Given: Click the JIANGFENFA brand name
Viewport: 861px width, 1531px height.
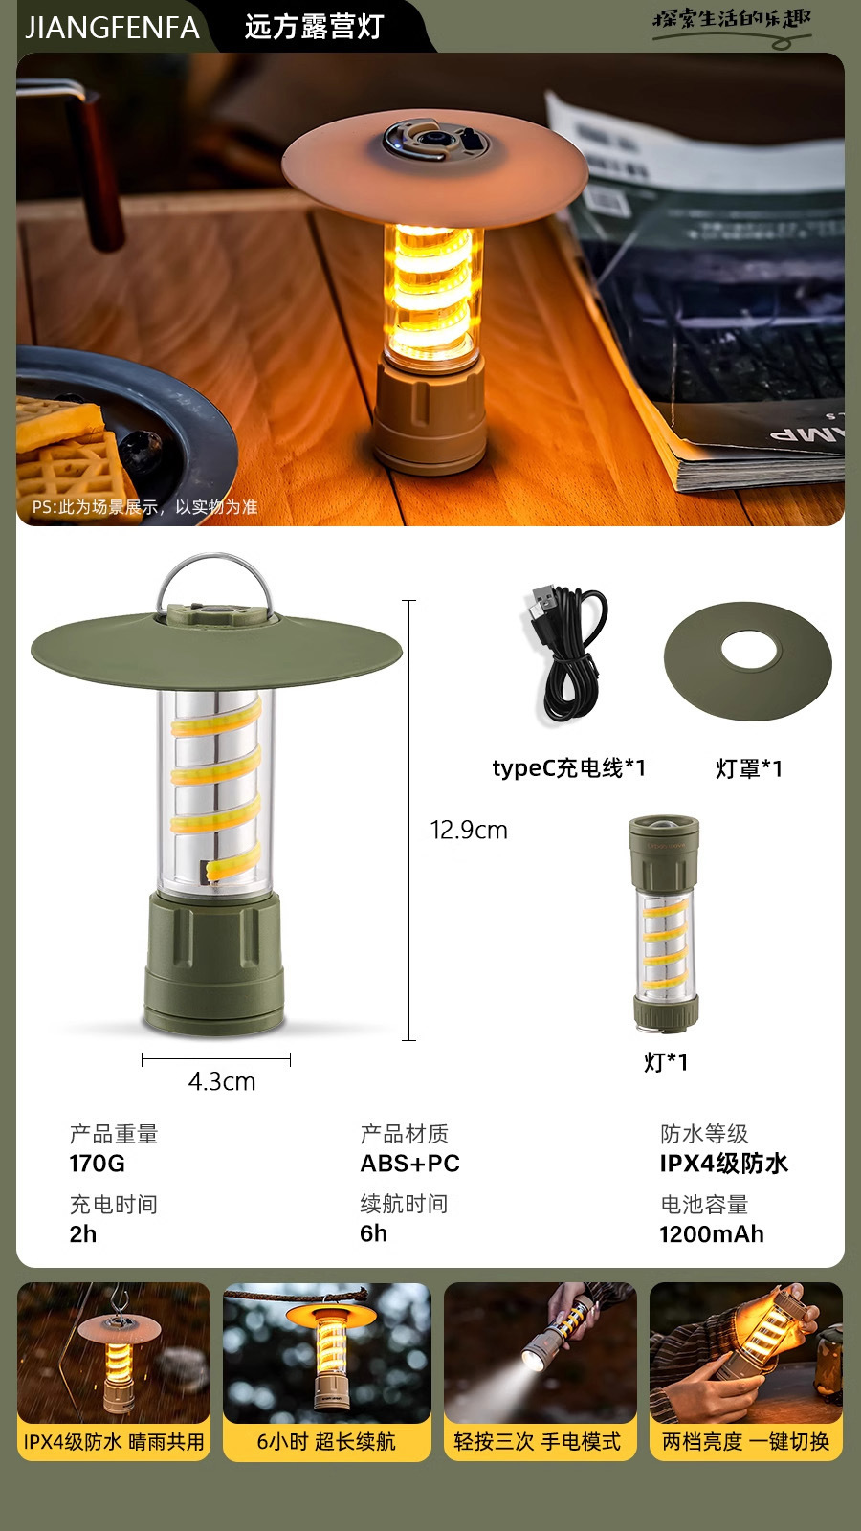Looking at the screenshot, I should pos(112,27).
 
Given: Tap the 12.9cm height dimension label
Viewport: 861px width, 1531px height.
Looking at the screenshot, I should pos(469,830).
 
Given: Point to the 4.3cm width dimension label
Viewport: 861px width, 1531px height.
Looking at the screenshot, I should pos(222,1081).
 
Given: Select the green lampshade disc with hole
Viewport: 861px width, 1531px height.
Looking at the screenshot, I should pos(748,660).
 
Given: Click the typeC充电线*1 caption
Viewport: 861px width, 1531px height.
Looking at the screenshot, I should pos(568,767).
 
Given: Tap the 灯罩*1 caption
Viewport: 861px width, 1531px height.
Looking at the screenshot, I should pos(749,768).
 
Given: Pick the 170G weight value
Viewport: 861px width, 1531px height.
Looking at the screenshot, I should pos(97,1164).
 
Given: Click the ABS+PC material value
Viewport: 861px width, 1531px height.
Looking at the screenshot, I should pos(409,1164).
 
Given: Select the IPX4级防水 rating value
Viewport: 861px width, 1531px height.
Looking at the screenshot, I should pos(723,1164).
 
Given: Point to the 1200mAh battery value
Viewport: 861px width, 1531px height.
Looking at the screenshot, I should pos(711,1234).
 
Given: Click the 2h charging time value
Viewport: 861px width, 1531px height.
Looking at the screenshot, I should pos(83,1234).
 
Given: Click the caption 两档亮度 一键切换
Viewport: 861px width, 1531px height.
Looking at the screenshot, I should pos(745,1442).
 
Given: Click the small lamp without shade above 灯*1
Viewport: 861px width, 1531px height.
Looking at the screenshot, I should pos(664,923).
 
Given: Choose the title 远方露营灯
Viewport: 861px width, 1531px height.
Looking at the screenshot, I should pos(314,27).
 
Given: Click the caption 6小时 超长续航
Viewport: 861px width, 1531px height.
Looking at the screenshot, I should pos(326,1442).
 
